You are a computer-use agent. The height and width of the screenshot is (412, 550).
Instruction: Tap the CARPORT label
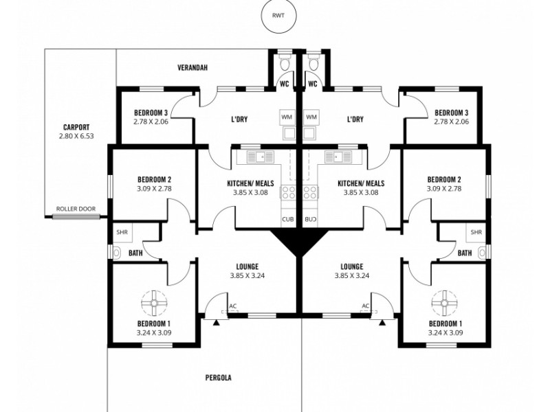76,127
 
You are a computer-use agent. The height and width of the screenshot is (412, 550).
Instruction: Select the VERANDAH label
192,68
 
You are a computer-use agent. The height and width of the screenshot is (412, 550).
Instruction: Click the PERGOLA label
218,378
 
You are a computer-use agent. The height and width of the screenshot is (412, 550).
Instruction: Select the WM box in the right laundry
311,117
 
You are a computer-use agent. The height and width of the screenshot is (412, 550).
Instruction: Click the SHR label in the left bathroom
122,232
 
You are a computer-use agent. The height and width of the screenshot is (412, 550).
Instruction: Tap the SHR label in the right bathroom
476,232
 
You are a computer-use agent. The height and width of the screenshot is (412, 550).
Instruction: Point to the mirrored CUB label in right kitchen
311,219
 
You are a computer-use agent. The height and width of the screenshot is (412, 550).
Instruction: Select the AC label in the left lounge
233,306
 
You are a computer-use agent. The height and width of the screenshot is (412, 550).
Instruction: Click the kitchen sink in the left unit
261,157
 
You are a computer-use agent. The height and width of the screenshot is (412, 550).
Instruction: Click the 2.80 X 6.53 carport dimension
76,137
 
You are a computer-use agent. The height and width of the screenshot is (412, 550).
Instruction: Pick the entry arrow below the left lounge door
218,321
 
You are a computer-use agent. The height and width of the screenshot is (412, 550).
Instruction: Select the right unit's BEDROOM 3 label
451,113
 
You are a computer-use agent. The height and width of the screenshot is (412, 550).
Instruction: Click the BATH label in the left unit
136,253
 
